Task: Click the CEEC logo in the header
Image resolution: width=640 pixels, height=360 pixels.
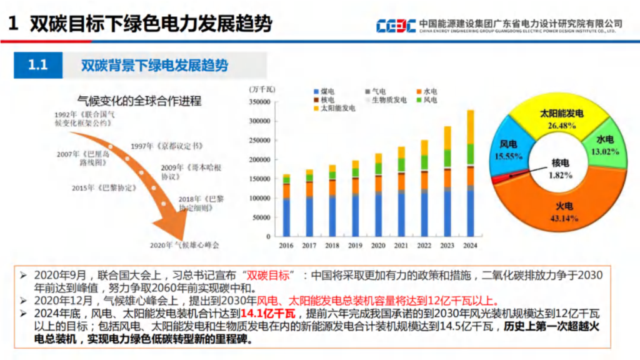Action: (x=396, y=26)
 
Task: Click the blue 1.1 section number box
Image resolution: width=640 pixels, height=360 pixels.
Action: (x=38, y=65)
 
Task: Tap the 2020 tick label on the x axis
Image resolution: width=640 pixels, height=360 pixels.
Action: (x=378, y=246)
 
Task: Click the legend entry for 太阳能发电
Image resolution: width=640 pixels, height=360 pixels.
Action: (x=337, y=108)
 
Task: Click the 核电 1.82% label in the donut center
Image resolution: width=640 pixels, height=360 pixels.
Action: (x=560, y=169)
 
